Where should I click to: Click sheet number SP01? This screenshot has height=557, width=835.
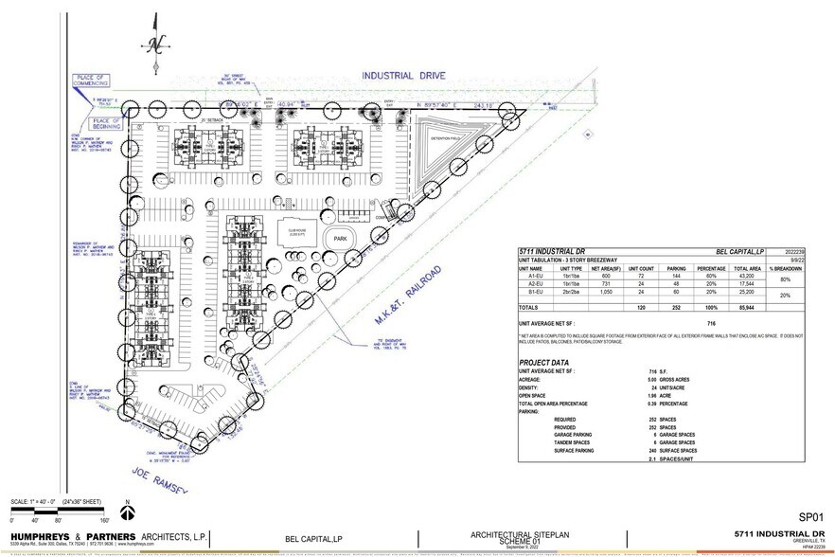pos(810,517)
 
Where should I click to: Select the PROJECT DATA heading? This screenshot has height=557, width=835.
pos(543,363)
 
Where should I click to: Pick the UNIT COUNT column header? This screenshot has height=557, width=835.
pos(641,268)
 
